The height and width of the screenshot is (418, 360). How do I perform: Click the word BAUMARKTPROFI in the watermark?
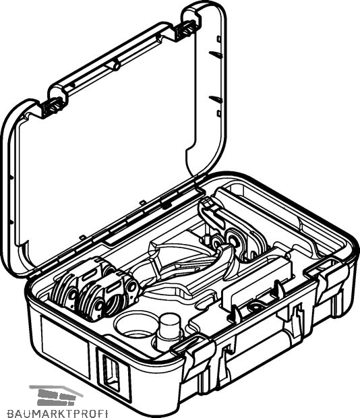(x=57, y=413)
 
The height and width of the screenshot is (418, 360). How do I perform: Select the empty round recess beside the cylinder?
(x=135, y=325)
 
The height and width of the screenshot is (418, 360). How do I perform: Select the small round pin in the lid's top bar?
(x=116, y=65)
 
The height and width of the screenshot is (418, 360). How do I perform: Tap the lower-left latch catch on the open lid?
(x=52, y=106)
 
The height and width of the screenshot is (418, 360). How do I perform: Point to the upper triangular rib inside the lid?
(x=216, y=54)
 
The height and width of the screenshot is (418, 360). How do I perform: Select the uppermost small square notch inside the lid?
(x=219, y=39)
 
